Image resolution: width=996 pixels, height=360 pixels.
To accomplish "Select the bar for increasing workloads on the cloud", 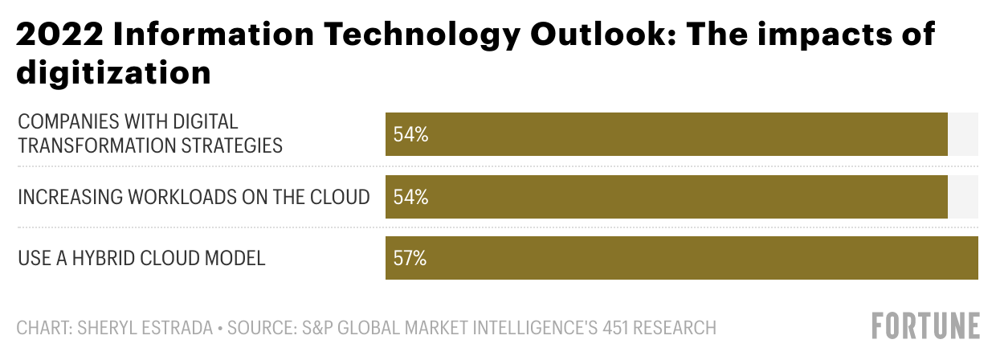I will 667,197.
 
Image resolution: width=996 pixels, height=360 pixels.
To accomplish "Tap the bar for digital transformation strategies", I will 667,134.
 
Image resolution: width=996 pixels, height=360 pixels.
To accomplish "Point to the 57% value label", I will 410,258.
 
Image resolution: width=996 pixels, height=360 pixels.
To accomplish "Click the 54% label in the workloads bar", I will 410,197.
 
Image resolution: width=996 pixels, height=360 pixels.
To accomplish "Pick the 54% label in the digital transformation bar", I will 410,134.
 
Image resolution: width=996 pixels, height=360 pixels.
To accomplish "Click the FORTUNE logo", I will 925,326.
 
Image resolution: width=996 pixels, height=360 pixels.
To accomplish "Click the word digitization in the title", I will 113,73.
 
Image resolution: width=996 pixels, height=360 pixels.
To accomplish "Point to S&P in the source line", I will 314,328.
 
